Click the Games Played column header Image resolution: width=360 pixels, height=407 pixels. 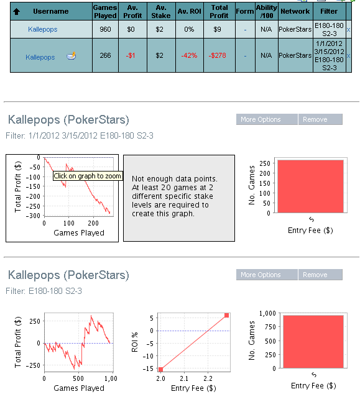pyautogui.click(x=105, y=11)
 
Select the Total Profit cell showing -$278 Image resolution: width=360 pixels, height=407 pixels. pyautogui.click(x=218, y=55)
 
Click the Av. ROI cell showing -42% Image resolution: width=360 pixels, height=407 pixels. pyautogui.click(x=190, y=55)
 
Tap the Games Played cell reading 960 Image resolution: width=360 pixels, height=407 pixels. pyautogui.click(x=105, y=29)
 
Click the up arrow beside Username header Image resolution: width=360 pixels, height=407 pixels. pyautogui.click(x=16, y=11)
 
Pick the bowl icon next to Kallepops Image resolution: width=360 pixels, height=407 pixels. pyautogui.click(x=71, y=56)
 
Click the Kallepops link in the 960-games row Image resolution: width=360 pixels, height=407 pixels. pyautogui.click(x=43, y=29)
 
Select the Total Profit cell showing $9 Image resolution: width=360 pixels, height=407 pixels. pyautogui.click(x=218, y=29)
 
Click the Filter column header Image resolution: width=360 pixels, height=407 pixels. pyautogui.click(x=329, y=11)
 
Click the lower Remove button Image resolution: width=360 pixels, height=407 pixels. pyautogui.click(x=320, y=275)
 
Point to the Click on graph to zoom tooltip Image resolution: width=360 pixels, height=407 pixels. pyautogui.click(x=88, y=176)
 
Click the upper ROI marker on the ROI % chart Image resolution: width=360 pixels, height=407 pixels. pyautogui.click(x=226, y=315)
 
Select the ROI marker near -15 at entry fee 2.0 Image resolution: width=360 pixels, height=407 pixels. pyautogui.click(x=160, y=369)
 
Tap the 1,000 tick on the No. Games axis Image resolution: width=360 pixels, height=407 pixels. pyautogui.click(x=267, y=313)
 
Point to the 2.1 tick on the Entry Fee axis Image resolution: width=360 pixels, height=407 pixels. pyautogui.click(x=184, y=378)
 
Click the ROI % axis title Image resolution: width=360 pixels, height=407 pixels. pyautogui.click(x=134, y=342)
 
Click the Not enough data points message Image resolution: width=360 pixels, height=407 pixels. pyautogui.click(x=175, y=196)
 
